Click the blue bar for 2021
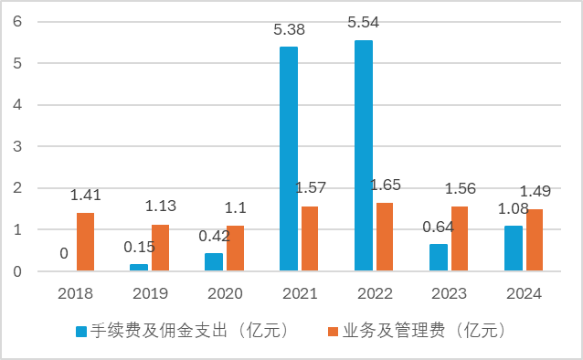tap(288, 159)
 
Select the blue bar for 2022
tap(363, 155)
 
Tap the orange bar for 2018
tap(85, 242)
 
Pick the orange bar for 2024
tap(535, 240)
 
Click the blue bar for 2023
tap(439, 258)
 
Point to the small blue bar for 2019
tap(139, 268)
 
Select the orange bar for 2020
tap(235, 249)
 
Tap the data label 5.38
tap(289, 30)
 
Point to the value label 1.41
tap(87, 195)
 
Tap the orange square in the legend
tap(333, 330)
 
